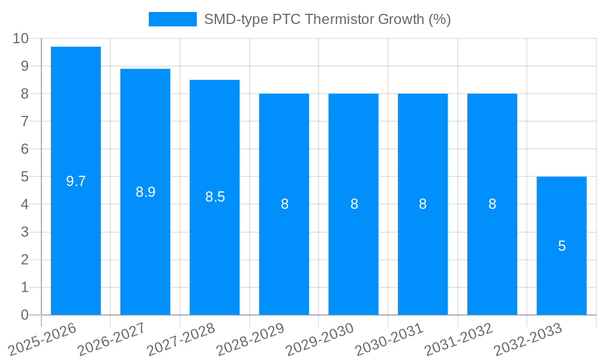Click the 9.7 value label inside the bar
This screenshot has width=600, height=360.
click(x=76, y=181)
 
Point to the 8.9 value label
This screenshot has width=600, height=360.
click(x=146, y=192)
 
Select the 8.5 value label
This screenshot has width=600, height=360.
click(x=215, y=197)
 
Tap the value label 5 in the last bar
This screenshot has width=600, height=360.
click(x=562, y=246)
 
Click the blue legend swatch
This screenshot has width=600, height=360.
click(x=172, y=19)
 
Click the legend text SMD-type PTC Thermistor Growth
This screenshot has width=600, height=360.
click(x=327, y=19)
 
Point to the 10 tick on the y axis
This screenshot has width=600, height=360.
click(x=20, y=38)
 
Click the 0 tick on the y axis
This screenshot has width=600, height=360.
click(x=25, y=315)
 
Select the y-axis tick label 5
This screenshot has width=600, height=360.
click(x=25, y=177)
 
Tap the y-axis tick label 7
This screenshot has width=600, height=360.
click(x=25, y=121)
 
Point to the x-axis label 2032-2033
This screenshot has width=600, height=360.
click(x=528, y=340)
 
